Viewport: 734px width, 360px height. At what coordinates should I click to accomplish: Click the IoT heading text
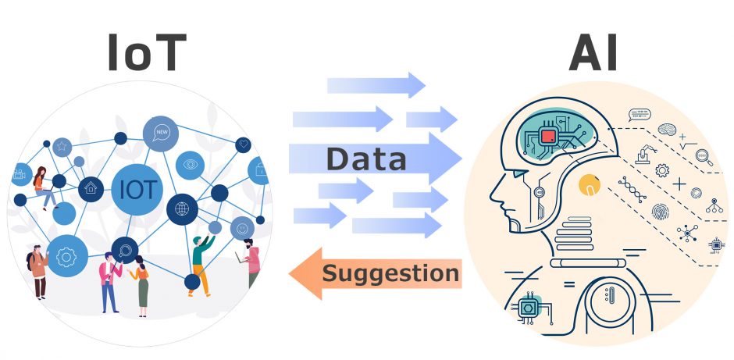pos(147,55)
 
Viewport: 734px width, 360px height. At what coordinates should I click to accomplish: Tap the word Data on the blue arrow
pos(366,159)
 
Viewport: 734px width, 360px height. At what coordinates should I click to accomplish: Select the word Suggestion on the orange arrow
pos(390,273)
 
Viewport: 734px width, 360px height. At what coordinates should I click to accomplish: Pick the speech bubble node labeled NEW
pos(162,132)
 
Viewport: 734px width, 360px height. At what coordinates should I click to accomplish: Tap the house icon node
pos(91,187)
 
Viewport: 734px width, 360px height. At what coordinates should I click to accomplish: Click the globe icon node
pos(183,209)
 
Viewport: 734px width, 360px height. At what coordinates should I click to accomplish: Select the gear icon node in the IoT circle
pos(66,255)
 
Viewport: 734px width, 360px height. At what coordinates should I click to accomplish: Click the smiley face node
pos(242,227)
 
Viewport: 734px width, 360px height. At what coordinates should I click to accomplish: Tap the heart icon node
pos(244,144)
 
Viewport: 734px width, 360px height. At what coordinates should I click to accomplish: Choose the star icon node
pos(62,146)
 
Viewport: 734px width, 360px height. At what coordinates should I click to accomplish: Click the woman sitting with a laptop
pos(44,187)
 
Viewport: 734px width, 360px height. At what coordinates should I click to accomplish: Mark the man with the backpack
pos(37,270)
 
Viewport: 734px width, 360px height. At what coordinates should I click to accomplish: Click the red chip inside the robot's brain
pos(548,137)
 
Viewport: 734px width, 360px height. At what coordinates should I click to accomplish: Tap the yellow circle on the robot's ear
pos(588,185)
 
